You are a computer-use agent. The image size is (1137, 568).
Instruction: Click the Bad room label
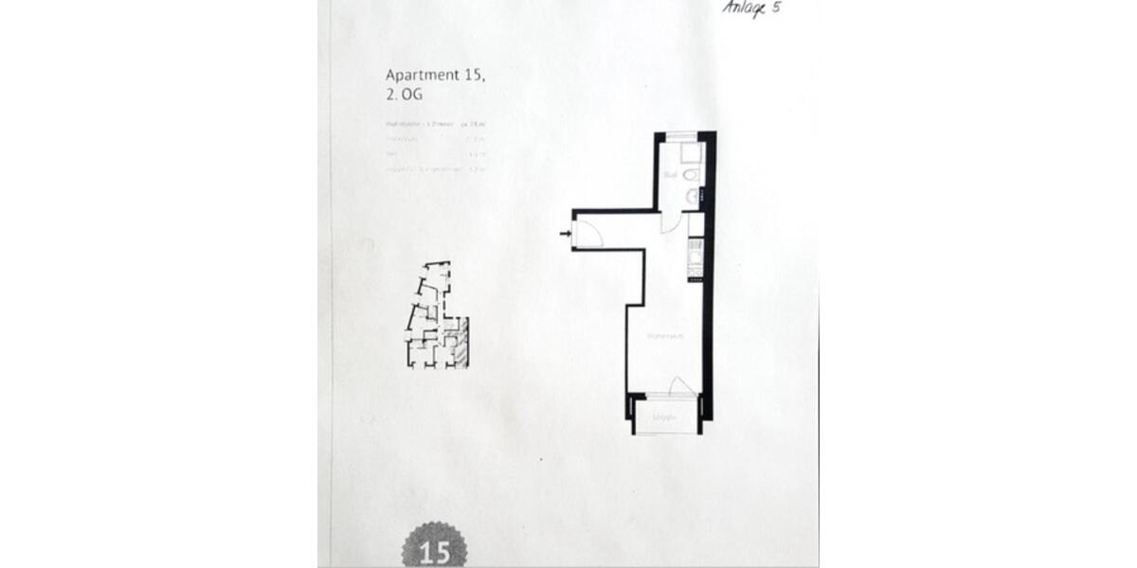pyautogui.click(x=670, y=175)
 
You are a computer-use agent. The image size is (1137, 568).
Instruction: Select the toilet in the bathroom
pyautogui.click(x=692, y=176)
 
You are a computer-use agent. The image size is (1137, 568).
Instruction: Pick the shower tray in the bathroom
pyautogui.click(x=691, y=153)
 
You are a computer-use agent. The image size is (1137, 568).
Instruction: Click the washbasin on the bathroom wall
pyautogui.click(x=693, y=196)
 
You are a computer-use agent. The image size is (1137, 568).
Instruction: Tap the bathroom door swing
pyautogui.click(x=669, y=222)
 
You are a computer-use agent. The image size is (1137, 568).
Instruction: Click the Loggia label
pyautogui.click(x=665, y=417)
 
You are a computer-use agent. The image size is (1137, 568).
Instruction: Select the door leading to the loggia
pyautogui.click(x=679, y=385)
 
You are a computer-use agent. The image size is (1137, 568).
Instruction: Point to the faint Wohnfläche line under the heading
pyautogui.click(x=436, y=124)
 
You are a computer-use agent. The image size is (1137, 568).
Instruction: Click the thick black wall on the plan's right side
pyautogui.click(x=709, y=284)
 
